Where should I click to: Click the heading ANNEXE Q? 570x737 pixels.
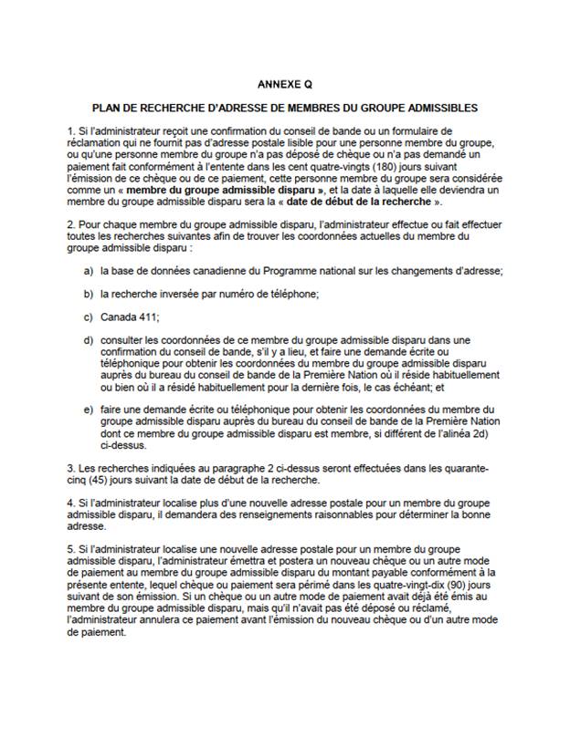[x=284, y=83]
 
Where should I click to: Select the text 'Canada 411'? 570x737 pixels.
[x=130, y=317]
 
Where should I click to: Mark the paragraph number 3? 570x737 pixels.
[x=70, y=468]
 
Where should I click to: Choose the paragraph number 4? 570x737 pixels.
[x=70, y=503]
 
